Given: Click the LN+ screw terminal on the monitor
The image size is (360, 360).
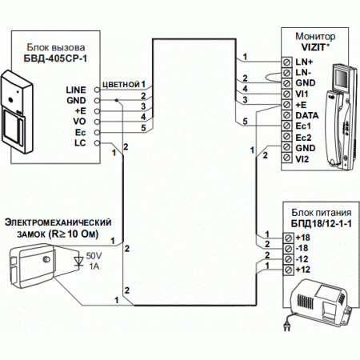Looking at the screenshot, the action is pyautogui.click(x=286, y=62).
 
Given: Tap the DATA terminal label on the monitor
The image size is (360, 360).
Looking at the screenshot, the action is pyautogui.click(x=307, y=115).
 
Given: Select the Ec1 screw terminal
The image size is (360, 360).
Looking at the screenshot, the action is pyautogui.click(x=286, y=126).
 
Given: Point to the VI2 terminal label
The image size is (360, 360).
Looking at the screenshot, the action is pyautogui.click(x=302, y=159).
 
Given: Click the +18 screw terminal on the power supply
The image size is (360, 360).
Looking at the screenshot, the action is pyautogui.click(x=288, y=238).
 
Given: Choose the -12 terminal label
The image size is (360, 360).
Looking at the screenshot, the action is pyautogui.click(x=302, y=259).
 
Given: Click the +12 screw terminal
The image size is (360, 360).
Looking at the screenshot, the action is pyautogui.click(x=288, y=270).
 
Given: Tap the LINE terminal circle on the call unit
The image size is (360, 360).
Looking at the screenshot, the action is pyautogui.click(x=97, y=90).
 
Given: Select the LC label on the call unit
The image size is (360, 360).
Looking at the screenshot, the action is pyautogui.click(x=80, y=143).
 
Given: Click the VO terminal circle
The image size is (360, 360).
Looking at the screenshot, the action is pyautogui.click(x=97, y=122).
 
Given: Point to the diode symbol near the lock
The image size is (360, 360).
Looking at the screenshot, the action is pyautogui.click(x=78, y=261).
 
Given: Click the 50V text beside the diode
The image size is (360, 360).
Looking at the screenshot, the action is pyautogui.click(x=94, y=256).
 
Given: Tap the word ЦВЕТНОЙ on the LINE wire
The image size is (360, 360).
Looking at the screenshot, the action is pyautogui.click(x=122, y=85).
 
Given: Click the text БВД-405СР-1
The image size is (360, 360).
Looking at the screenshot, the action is pyautogui.click(x=55, y=58).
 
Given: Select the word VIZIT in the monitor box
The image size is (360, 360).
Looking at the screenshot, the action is pyautogui.click(x=314, y=47).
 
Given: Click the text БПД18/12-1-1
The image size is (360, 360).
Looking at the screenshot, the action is pyautogui.click(x=322, y=224).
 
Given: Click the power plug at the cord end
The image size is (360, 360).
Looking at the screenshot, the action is pyautogui.click(x=287, y=326).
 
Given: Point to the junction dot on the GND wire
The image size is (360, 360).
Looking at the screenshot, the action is pyautogui.click(x=117, y=100).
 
